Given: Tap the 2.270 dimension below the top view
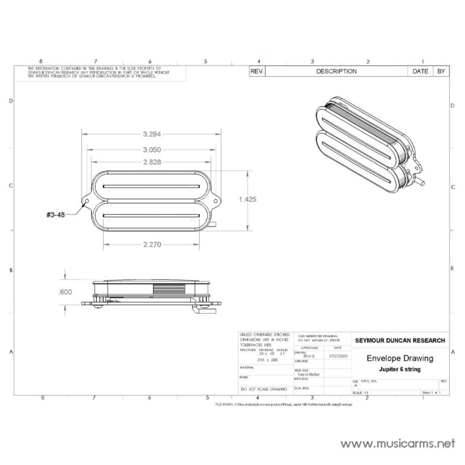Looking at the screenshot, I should click(x=152, y=245).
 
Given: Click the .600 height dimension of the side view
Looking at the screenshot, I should click(x=66, y=291).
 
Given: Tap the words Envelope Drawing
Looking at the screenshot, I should click(x=400, y=358).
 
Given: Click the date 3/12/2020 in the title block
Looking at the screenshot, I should click(x=338, y=357).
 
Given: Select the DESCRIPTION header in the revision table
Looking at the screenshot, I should click(x=336, y=71).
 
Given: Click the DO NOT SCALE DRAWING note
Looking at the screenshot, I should click(x=264, y=388).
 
